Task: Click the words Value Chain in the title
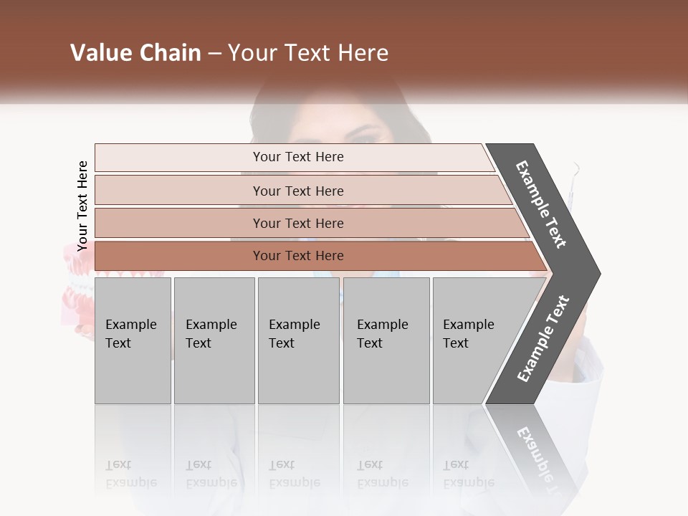pos(135,53)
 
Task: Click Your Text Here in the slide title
pos(308,53)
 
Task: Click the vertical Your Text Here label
pos(82,206)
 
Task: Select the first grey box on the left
pos(133,340)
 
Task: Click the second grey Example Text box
pos(214,340)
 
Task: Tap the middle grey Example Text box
pos(298,340)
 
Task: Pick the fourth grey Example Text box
pos(386,340)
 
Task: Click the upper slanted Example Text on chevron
pos(541,204)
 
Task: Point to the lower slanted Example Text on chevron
pos(543,338)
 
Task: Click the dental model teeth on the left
pos(75,287)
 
